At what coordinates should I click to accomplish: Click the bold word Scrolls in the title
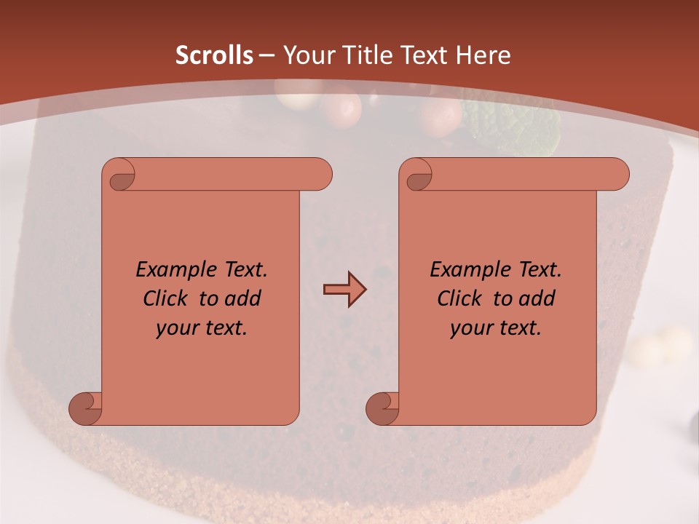[214, 55]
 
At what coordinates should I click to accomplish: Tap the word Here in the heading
[483, 55]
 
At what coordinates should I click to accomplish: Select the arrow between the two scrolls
[344, 290]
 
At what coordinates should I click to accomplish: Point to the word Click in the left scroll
[167, 299]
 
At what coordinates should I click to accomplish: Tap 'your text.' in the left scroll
[202, 328]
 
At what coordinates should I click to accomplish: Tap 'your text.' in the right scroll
[496, 328]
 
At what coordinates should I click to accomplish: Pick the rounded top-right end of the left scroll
[320, 175]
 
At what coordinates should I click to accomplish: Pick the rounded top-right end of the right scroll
[617, 175]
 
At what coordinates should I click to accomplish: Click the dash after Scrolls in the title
[266, 55]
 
